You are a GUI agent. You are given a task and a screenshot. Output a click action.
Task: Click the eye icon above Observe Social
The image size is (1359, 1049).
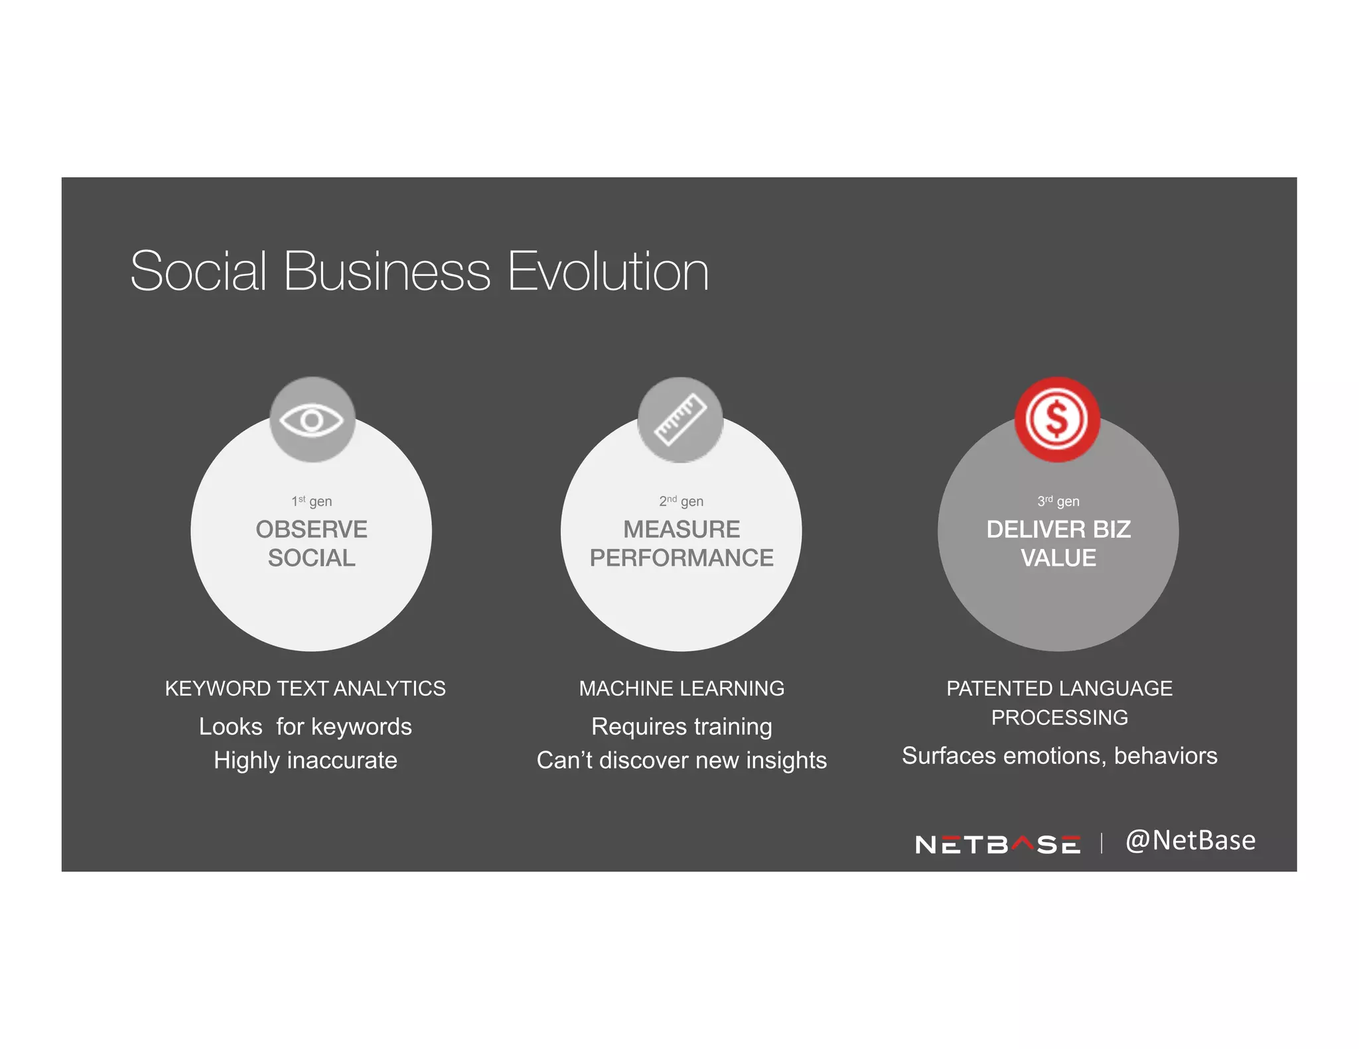click(x=312, y=420)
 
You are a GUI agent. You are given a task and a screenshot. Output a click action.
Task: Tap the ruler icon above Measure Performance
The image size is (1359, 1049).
click(x=680, y=420)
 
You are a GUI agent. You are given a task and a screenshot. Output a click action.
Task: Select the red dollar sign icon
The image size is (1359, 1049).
click(x=1057, y=419)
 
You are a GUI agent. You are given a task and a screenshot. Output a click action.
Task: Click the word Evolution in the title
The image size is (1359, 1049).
click(x=608, y=271)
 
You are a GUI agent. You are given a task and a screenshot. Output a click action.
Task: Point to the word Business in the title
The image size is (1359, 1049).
click(x=387, y=271)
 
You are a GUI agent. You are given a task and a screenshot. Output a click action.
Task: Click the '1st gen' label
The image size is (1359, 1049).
click(x=312, y=501)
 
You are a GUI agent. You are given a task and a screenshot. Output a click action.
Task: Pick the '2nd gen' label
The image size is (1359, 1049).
click(x=681, y=501)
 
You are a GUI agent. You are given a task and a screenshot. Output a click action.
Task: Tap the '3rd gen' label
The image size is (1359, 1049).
click(x=1058, y=501)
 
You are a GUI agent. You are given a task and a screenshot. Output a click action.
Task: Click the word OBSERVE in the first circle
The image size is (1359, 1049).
click(x=312, y=529)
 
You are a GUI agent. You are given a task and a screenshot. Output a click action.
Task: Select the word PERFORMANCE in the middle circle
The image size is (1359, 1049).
click(x=681, y=558)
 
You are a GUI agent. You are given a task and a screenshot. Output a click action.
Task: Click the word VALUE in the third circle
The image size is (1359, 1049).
click(x=1058, y=558)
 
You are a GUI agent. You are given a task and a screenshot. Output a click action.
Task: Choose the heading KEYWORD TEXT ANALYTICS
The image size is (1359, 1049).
click(x=305, y=688)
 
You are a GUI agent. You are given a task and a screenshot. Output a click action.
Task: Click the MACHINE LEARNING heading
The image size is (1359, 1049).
click(x=681, y=688)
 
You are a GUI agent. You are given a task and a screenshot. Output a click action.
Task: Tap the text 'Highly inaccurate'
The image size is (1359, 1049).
click(x=305, y=760)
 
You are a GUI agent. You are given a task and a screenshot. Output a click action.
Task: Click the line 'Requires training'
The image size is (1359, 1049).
click(x=681, y=727)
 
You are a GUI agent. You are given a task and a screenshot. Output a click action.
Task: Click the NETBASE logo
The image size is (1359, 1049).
click(x=997, y=844)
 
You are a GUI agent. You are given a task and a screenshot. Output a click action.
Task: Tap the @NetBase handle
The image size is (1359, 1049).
click(x=1190, y=840)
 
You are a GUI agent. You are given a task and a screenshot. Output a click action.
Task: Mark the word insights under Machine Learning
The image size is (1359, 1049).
click(x=786, y=760)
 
